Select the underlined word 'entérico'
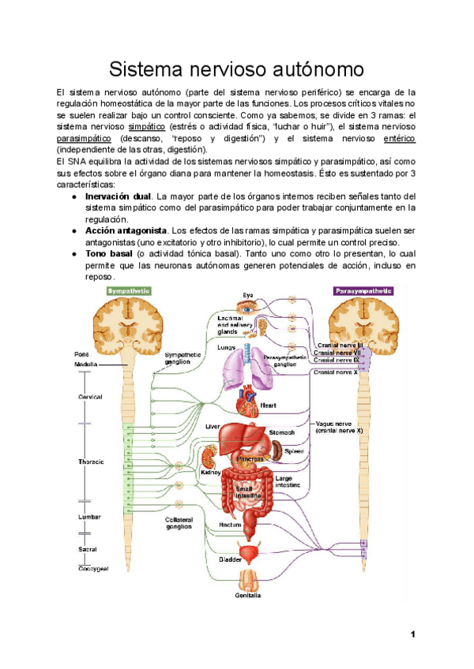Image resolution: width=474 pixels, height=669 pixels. [398, 138]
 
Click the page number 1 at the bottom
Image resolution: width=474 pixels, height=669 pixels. [412, 634]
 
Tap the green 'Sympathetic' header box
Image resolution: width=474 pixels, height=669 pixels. [129, 291]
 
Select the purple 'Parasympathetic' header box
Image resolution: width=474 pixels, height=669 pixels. [363, 291]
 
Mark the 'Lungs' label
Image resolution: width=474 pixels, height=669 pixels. [227, 348]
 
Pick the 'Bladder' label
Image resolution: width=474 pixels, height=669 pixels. [230, 559]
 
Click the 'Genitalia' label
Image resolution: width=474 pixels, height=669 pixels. [248, 596]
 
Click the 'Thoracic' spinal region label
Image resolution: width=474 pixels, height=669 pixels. [91, 462]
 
